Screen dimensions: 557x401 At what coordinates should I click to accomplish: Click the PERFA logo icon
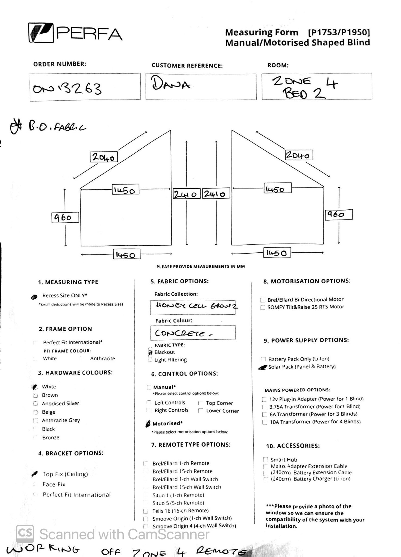41,33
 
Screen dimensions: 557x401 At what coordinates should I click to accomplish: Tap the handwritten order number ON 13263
67,88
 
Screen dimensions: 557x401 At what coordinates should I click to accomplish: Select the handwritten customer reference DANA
171,83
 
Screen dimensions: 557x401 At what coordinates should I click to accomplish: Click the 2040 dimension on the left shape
104,157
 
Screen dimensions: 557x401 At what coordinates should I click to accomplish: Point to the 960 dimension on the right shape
339,214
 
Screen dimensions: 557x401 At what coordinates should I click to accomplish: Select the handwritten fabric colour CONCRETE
183,333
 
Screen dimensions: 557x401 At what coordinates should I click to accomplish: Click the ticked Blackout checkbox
150,352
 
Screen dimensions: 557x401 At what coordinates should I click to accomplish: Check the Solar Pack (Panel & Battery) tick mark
262,367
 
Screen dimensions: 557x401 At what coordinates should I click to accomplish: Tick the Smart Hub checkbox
265,460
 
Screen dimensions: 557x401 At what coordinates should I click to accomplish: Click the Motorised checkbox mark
148,424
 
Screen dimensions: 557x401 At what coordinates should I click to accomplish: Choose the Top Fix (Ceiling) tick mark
35,474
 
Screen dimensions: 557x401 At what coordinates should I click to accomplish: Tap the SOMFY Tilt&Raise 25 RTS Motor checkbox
263,307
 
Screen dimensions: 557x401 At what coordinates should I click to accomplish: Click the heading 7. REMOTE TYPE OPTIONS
191,445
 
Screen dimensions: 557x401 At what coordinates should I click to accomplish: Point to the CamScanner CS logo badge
25,534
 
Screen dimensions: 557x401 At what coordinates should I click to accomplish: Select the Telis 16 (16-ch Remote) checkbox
146,511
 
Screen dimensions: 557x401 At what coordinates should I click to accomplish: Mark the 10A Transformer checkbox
264,422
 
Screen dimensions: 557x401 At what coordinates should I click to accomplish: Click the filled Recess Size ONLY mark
34,297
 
